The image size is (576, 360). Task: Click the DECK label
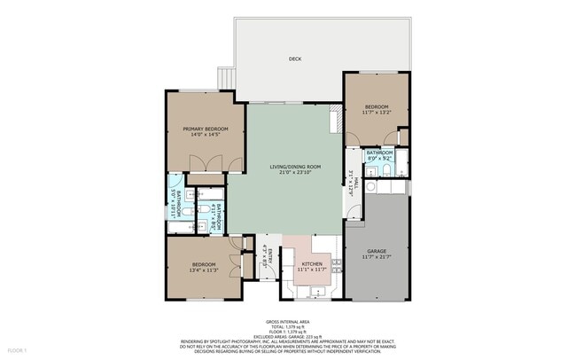295,59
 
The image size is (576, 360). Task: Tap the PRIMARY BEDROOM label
206,129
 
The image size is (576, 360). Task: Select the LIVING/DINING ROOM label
295,167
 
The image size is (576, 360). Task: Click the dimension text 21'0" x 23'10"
295,174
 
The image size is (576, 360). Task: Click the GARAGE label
377,251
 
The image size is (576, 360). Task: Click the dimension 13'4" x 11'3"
204,270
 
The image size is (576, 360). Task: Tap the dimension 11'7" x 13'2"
378,113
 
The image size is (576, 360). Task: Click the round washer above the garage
373,188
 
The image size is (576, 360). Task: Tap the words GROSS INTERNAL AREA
288,320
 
